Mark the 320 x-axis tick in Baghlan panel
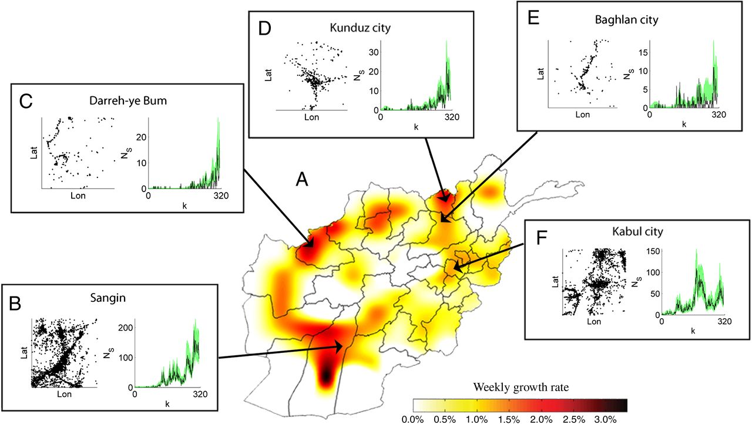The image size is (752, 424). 719,115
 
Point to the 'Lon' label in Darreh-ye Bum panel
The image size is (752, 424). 77,196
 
